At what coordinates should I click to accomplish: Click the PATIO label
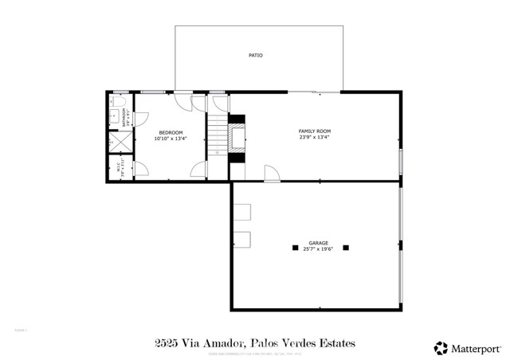[255, 56]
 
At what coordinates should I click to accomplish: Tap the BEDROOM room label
[171, 132]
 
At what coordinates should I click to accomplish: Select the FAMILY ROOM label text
[315, 131]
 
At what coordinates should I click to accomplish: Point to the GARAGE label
[319, 243]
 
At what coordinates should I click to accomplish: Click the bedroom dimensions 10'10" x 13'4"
[171, 139]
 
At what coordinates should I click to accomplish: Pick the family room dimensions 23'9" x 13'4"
[315, 137]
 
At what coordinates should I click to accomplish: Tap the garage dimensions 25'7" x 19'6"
[319, 249]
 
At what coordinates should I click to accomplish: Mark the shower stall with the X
[120, 142]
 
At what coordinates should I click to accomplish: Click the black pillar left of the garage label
[292, 247]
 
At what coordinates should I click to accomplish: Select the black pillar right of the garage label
[346, 247]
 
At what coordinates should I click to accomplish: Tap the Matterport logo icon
[441, 347]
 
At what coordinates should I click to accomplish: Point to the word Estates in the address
[334, 343]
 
